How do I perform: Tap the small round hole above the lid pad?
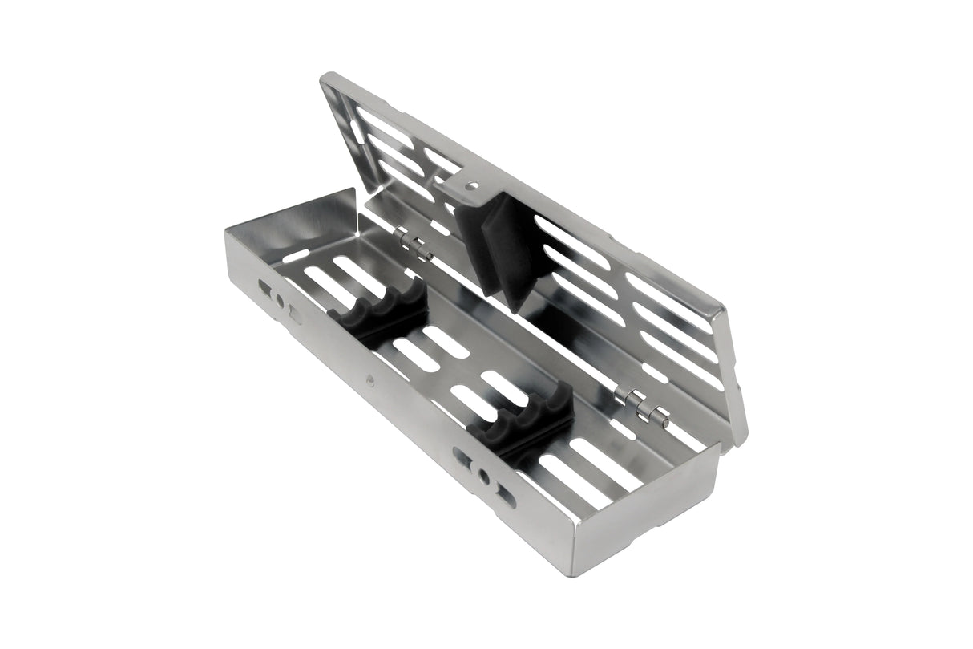pyautogui.click(x=472, y=186)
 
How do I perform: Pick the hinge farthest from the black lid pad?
pyautogui.click(x=644, y=405)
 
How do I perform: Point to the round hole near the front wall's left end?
pyautogui.click(x=280, y=301)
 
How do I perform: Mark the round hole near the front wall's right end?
pyautogui.click(x=482, y=477)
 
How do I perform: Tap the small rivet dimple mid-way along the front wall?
pyautogui.click(x=370, y=380)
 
